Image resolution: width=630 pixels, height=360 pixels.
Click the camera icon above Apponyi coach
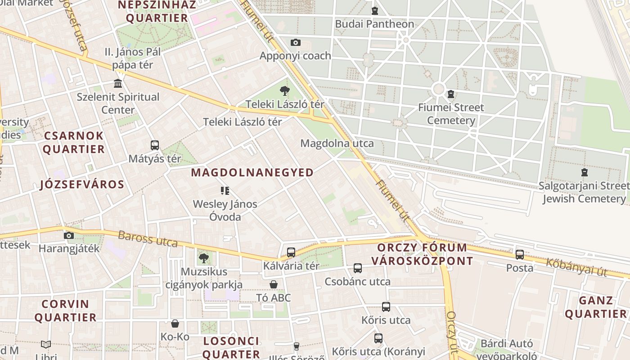(x=295, y=43)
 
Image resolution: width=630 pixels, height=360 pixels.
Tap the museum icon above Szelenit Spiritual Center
(x=118, y=83)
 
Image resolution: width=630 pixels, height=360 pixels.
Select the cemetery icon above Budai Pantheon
(x=374, y=11)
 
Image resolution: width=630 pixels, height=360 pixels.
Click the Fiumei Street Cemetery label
(x=450, y=114)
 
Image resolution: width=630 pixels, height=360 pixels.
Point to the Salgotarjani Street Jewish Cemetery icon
(x=584, y=172)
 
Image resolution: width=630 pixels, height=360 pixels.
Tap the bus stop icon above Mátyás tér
(x=155, y=145)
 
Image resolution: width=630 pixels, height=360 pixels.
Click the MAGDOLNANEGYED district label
(x=252, y=172)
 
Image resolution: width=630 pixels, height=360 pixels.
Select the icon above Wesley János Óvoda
(x=225, y=191)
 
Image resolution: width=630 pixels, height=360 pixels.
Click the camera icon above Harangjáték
(x=69, y=235)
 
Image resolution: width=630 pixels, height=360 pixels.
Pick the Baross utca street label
(x=148, y=239)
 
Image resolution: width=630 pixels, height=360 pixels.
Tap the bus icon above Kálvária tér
(x=291, y=252)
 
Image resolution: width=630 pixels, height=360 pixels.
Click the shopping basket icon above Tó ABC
(x=273, y=284)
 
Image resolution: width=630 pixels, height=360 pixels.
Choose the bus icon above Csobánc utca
(x=358, y=268)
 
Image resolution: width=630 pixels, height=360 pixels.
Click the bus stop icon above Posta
(x=520, y=255)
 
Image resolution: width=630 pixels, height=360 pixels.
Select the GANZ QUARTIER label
(x=596, y=307)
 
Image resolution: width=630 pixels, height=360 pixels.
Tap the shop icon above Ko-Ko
(x=175, y=324)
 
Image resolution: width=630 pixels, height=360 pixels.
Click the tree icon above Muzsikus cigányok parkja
(x=204, y=258)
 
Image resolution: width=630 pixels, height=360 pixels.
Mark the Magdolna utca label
(x=337, y=144)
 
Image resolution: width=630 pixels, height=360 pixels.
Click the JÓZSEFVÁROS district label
(x=82, y=184)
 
